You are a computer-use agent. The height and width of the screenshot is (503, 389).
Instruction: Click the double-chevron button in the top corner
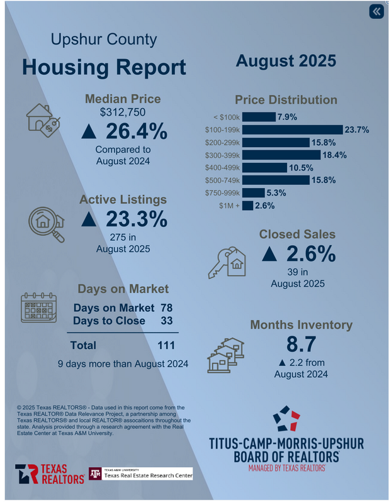(x=376, y=12)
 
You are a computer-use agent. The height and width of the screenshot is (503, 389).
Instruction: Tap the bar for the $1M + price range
(x=247, y=206)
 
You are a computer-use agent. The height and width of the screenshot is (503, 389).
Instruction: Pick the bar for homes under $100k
(x=259, y=117)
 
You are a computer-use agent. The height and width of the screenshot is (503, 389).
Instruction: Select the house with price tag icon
(x=43, y=119)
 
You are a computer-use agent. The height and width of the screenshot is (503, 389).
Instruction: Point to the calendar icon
(x=39, y=309)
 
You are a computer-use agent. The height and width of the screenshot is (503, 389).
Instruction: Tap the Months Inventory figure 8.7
(x=300, y=345)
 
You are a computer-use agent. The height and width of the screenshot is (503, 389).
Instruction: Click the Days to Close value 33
(x=166, y=321)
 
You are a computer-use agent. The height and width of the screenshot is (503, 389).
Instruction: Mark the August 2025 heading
(x=286, y=61)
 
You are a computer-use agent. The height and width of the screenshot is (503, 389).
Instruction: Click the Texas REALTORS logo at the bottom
(x=50, y=475)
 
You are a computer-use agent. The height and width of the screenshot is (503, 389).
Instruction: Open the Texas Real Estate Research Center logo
(x=140, y=474)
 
